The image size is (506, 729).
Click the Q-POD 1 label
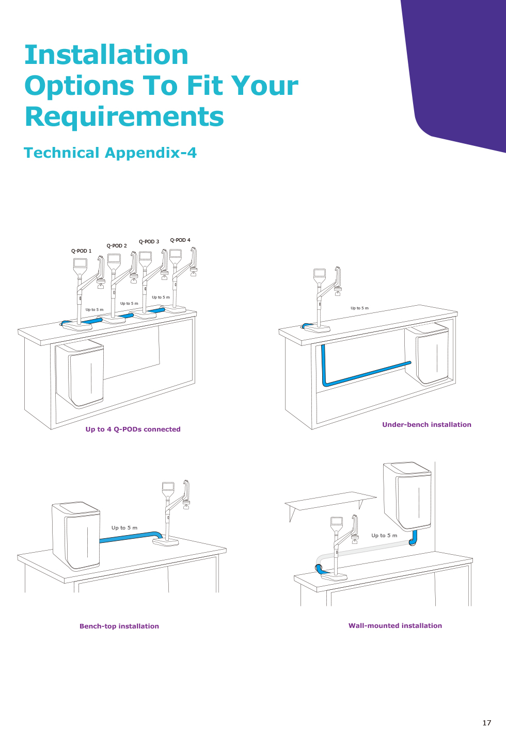click(x=81, y=251)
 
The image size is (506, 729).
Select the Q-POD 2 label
click(x=117, y=246)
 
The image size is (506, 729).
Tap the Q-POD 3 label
click(x=149, y=241)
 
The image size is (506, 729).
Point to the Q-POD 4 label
click(x=180, y=240)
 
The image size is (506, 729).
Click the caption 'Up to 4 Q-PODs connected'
click(x=133, y=429)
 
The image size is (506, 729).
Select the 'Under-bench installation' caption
click(x=426, y=424)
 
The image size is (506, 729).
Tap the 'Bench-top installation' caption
click(x=119, y=626)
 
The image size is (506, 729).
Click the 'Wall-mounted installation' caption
click(x=395, y=625)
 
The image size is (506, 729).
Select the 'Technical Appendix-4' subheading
click(x=110, y=153)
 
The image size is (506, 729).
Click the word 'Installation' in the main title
click(x=106, y=55)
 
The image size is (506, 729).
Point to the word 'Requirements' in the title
click(x=124, y=117)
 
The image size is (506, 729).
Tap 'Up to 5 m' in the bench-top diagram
click(x=124, y=527)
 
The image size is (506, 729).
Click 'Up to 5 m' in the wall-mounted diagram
click(x=384, y=535)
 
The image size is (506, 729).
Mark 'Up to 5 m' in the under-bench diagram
click(x=359, y=308)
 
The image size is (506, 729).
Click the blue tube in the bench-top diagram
click(x=131, y=537)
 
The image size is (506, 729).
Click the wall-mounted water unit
click(x=407, y=495)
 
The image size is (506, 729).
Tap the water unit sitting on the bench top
click(x=76, y=536)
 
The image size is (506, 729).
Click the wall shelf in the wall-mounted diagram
click(x=330, y=501)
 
